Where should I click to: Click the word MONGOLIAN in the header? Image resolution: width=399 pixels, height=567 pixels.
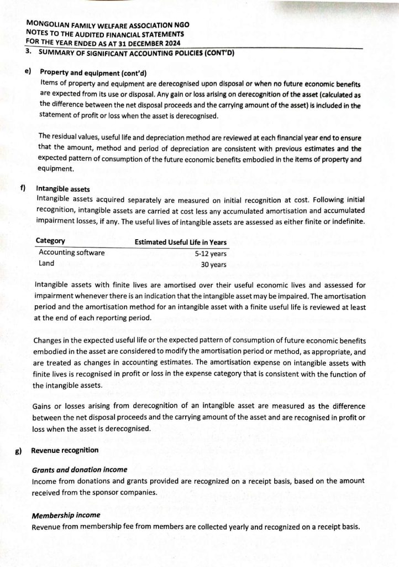tap(49, 24)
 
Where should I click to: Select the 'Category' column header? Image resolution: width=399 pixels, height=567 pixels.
tap(50, 241)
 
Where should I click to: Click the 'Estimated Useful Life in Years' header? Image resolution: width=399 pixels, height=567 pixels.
tap(181, 242)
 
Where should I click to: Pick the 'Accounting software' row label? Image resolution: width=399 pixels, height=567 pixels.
tap(71, 252)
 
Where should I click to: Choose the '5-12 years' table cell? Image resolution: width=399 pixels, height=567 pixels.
tap(211, 254)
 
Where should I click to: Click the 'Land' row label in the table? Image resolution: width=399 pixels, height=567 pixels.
tap(46, 264)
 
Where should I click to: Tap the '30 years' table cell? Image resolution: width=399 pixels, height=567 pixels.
tap(213, 265)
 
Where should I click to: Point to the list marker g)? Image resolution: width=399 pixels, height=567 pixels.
tap(19, 451)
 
